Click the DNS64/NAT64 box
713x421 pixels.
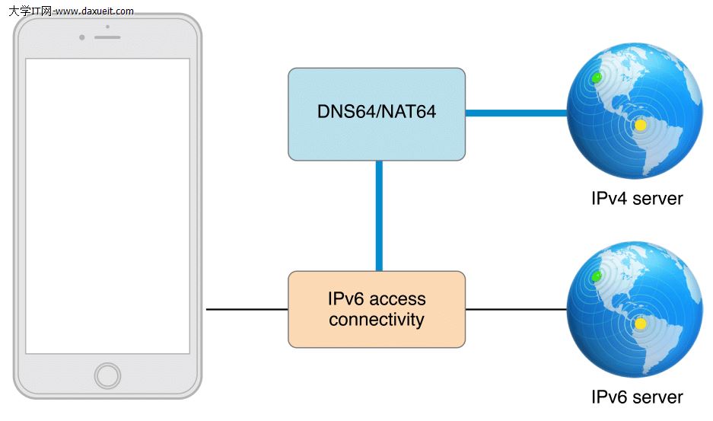point(376,113)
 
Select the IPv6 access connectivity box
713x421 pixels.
point(376,309)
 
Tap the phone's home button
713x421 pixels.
point(107,375)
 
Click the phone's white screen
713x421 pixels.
point(107,206)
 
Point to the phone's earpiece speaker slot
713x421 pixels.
point(107,37)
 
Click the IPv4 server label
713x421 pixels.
point(637,199)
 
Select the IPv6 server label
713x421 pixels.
point(637,397)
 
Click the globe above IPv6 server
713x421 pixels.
point(635,309)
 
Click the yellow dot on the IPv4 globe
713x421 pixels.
point(641,125)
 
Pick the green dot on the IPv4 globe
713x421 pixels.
point(597,78)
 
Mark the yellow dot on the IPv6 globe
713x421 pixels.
point(641,324)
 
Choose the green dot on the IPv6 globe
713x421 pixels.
point(597,275)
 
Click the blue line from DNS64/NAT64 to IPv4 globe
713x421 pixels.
point(516,113)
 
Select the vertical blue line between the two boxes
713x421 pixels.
point(378,215)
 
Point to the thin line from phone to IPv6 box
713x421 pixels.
point(247,309)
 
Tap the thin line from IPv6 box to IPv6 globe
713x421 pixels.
point(516,309)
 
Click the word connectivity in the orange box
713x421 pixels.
point(376,320)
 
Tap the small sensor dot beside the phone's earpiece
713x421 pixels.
point(81,37)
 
